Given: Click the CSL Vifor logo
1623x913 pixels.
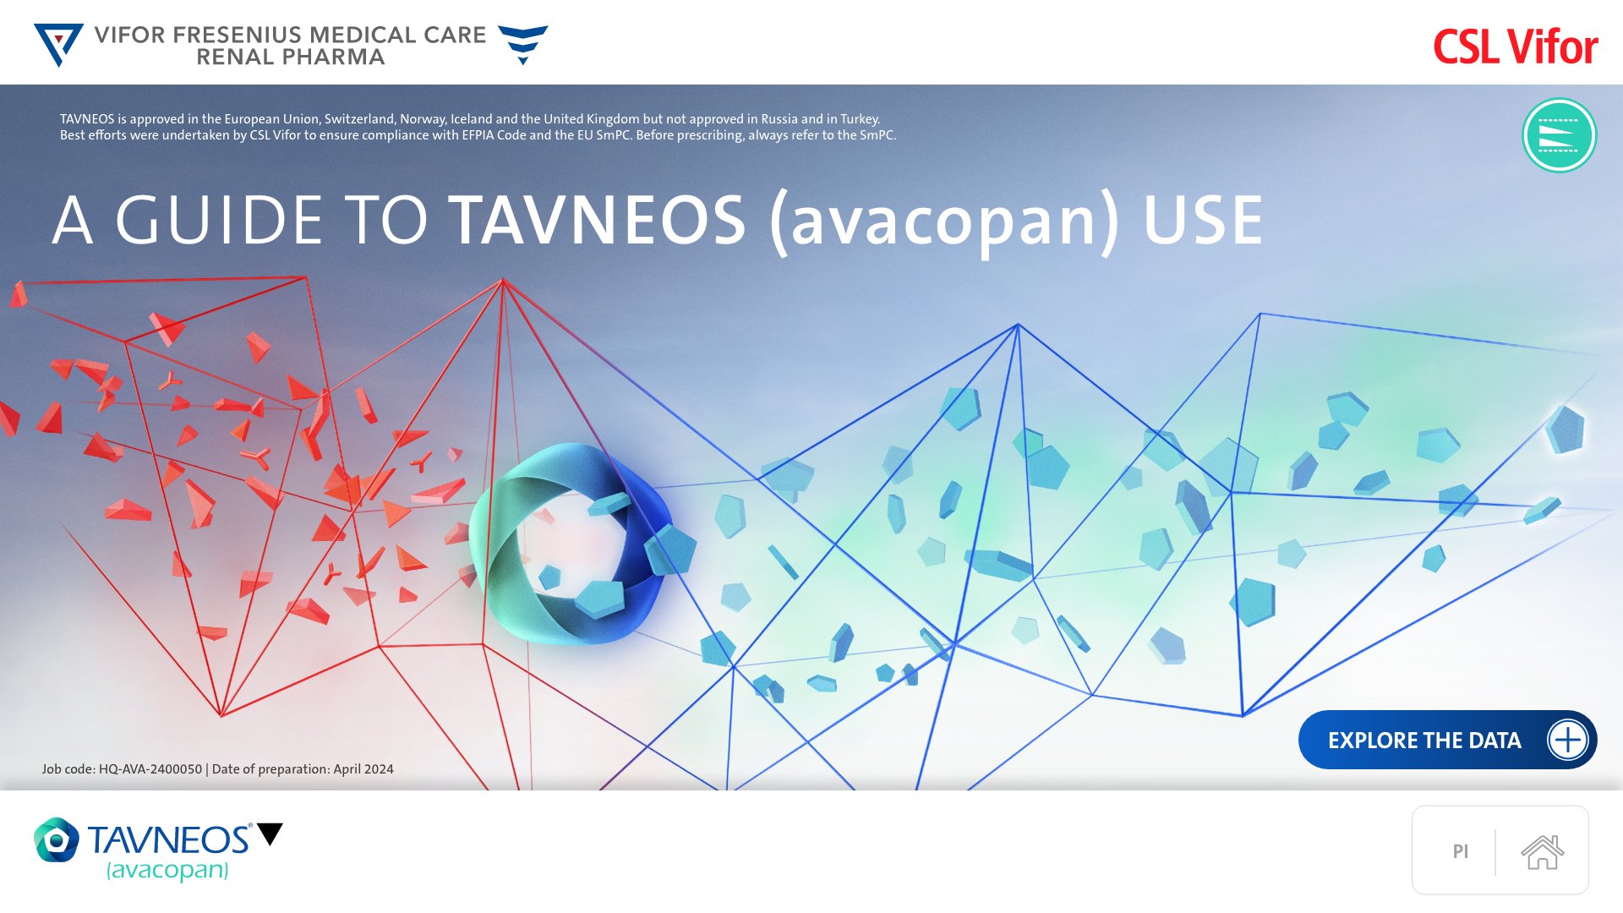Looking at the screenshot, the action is coord(1515,46).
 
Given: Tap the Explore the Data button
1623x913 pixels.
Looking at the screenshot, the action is coord(1447,740).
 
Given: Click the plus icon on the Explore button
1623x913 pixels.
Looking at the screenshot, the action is coord(1568,740).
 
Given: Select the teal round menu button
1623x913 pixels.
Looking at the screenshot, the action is coord(1559,135).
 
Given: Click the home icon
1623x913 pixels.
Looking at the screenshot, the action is coord(1543,851).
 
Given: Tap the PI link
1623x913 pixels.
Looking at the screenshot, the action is coord(1461,851).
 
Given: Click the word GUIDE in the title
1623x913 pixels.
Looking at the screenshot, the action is coord(219,220).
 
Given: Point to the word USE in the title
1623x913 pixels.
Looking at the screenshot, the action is coord(1203,220).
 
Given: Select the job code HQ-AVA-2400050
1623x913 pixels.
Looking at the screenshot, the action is coord(150,769).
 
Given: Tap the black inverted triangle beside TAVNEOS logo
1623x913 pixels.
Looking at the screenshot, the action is coord(270,834).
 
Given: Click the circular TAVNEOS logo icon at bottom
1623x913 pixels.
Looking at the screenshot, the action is coord(57,839).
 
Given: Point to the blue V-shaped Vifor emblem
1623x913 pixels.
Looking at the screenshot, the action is coord(58,45).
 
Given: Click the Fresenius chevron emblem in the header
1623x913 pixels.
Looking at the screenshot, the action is coord(523,45).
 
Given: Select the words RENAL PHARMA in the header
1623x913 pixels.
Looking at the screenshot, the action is coord(291,57).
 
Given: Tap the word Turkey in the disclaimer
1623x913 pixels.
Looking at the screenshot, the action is coord(860,119).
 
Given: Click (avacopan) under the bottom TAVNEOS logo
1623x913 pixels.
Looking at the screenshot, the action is coord(167,870).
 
